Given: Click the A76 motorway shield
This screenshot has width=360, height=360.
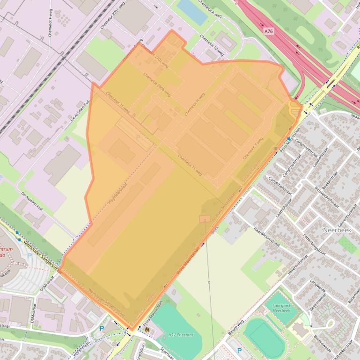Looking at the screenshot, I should tap(268, 31).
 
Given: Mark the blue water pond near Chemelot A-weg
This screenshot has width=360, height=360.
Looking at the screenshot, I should tap(191, 11).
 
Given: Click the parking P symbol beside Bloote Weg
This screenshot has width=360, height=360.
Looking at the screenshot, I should tap(239, 350).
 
